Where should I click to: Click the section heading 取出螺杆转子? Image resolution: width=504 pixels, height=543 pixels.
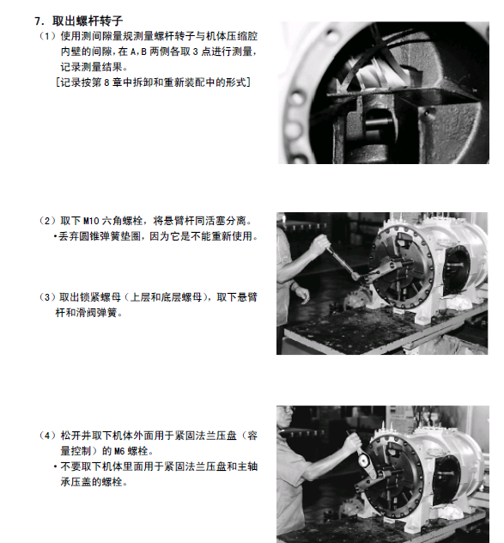(88, 21)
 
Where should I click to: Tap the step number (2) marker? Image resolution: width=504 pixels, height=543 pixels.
(47, 221)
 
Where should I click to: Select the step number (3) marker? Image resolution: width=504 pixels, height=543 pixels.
(47, 297)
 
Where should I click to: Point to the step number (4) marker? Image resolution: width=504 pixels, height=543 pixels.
(47, 436)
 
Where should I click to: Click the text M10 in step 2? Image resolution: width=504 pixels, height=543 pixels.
(91, 221)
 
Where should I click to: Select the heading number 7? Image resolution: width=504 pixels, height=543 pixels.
(39, 21)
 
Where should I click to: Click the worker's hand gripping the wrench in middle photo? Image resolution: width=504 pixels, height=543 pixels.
(320, 244)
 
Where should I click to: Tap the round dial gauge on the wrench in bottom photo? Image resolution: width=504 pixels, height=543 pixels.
(364, 461)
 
